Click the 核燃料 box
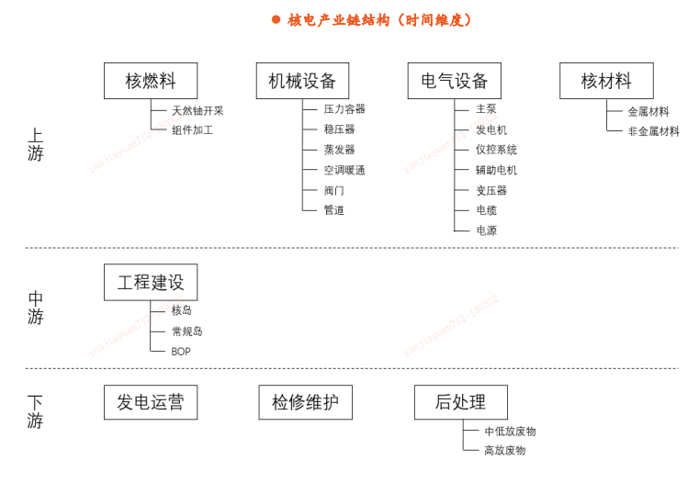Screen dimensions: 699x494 pyautogui.click(x=151, y=81)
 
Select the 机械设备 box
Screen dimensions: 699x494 pyautogui.click(x=303, y=81)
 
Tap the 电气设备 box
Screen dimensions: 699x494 pyautogui.click(x=455, y=81)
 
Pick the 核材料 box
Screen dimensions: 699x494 pyautogui.click(x=607, y=81)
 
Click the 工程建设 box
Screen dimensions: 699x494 pyautogui.click(x=151, y=282)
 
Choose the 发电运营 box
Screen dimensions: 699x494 pyautogui.click(x=151, y=402)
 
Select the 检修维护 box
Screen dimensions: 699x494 pyautogui.click(x=305, y=402)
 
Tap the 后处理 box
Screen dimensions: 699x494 pyautogui.click(x=461, y=402)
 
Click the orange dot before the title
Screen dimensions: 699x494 pyautogui.click(x=276, y=19)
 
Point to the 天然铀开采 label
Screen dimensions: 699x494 pyautogui.click(x=197, y=111)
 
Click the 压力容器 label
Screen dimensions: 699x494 pyautogui.click(x=344, y=109)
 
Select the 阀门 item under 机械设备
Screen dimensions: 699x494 pyautogui.click(x=334, y=191)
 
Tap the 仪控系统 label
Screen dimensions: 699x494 pyautogui.click(x=496, y=150)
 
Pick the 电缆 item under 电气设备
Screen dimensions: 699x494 pyautogui.click(x=486, y=210)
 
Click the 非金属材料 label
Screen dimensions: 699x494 pyautogui.click(x=653, y=131)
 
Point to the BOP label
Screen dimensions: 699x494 pyautogui.click(x=181, y=352)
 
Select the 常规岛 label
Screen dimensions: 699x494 pyautogui.click(x=187, y=331)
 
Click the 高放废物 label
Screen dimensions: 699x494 pyautogui.click(x=505, y=450)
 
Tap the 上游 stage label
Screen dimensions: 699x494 pyautogui.click(x=35, y=145)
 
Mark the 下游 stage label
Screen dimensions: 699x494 pyautogui.click(x=35, y=412)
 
